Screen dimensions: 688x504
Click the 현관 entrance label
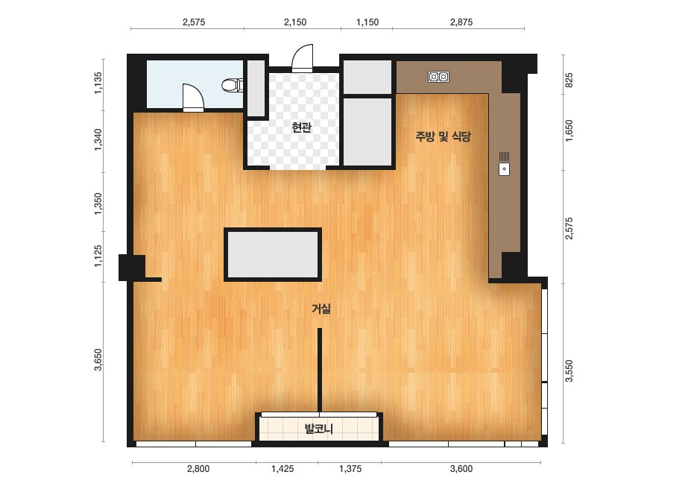pos(301,127)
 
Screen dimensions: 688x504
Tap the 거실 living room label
pos(321,309)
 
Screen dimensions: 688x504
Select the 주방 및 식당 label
pos(444,136)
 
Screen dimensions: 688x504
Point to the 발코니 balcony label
pos(319,428)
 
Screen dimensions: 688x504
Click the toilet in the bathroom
pos(233,85)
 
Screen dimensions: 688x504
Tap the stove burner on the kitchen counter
pos(439,77)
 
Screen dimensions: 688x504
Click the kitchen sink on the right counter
pos(504,164)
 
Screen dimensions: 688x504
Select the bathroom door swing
pos(193,98)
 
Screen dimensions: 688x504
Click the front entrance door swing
pos(303,58)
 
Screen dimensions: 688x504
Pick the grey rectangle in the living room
pos(273,255)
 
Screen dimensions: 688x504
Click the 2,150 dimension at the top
pos(295,22)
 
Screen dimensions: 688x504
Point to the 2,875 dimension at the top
pos(461,22)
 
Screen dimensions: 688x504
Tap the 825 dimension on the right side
pos(569,81)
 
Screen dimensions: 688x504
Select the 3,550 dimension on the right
pos(569,371)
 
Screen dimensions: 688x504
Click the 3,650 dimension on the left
pos(98,360)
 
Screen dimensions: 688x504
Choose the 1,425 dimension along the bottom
pos(283,469)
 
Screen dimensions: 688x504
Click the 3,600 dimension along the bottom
pos(461,469)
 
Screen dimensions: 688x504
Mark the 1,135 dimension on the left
pos(98,83)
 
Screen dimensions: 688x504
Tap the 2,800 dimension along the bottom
pos(198,469)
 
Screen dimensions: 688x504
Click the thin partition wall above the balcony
pos(320,370)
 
